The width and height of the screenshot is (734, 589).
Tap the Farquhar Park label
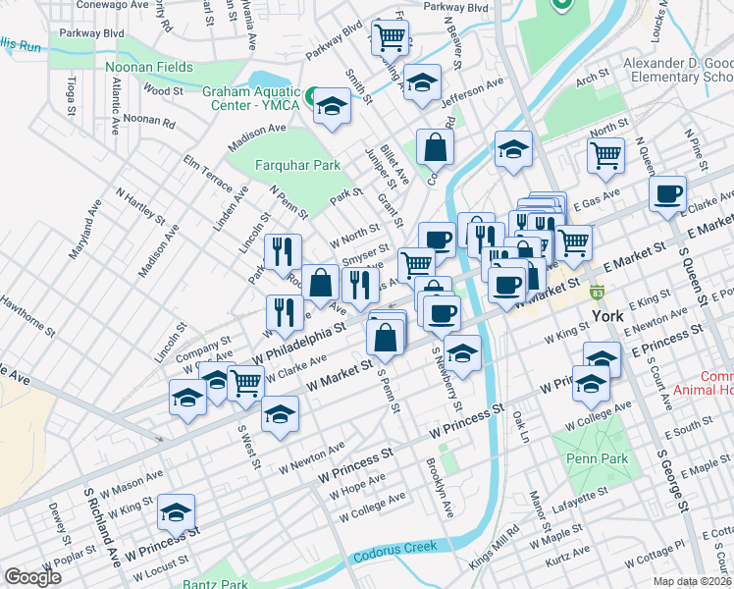tap(297, 165)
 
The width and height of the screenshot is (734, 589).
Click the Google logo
tap(32, 577)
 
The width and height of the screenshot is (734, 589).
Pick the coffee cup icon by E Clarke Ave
tap(667, 192)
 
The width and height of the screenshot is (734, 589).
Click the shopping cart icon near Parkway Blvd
tap(391, 38)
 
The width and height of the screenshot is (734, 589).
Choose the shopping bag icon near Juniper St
tap(435, 147)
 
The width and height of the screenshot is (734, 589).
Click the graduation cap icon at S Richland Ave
tap(177, 511)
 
